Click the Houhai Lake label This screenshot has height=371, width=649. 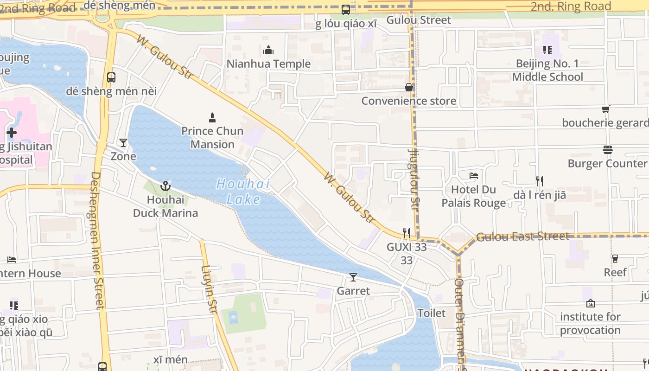pos(243,192)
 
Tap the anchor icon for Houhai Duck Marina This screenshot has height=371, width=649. pos(165,186)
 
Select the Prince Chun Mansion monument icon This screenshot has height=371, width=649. pos(212,117)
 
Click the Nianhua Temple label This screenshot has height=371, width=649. pos(268,64)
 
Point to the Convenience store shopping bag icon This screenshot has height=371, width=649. pos(409,87)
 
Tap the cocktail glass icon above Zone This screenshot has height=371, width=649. pos(123,143)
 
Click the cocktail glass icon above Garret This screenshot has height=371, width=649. pos(353,277)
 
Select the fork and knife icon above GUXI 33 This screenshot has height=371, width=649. pos(407,233)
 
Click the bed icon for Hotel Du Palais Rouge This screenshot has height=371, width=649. pos(473,176)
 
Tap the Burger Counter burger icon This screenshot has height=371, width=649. pos(608,150)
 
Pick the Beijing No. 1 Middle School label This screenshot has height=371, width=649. pos(547,70)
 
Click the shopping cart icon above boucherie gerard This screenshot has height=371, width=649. pos(605,109)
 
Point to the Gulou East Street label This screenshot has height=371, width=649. pos(522,237)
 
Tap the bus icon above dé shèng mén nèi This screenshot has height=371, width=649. pos(111,77)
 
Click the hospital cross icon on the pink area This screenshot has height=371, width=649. pos(12,133)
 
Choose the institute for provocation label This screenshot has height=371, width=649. pos(590,323)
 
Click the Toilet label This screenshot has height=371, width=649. pos(432,313)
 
